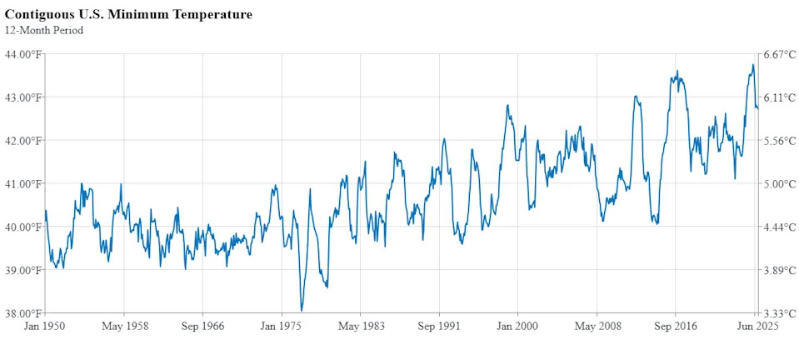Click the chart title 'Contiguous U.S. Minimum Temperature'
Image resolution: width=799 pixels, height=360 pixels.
coord(128,15)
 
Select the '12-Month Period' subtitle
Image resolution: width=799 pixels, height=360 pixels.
coord(44,31)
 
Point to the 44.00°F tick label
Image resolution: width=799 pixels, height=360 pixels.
coord(22,54)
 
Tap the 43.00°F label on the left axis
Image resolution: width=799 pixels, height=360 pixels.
coord(22,97)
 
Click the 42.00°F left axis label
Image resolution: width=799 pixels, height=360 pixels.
coord(22,141)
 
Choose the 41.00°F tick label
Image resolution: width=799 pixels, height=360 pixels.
coord(22,184)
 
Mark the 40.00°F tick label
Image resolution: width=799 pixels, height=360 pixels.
coord(22,227)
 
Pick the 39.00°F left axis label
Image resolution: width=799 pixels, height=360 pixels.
coord(22,270)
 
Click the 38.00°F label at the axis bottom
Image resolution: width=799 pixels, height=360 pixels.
coord(22,313)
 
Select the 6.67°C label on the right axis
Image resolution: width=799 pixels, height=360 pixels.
coord(780,54)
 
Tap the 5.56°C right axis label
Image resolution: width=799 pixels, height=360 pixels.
coord(780,141)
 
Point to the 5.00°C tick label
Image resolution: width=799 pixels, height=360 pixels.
coord(780,184)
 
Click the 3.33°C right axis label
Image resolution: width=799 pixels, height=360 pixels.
coord(780,313)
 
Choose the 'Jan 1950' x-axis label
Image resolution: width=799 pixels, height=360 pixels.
coord(46,327)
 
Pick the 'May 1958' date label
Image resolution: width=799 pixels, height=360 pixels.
coord(124,327)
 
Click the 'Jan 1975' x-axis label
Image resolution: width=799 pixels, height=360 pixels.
coord(281,327)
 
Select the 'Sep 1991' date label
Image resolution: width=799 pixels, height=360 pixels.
coord(438,327)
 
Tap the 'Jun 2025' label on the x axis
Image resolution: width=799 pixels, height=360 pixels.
coord(757,327)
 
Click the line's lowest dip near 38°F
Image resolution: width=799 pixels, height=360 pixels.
coord(302,311)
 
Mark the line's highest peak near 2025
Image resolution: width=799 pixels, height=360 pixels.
coord(752,65)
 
